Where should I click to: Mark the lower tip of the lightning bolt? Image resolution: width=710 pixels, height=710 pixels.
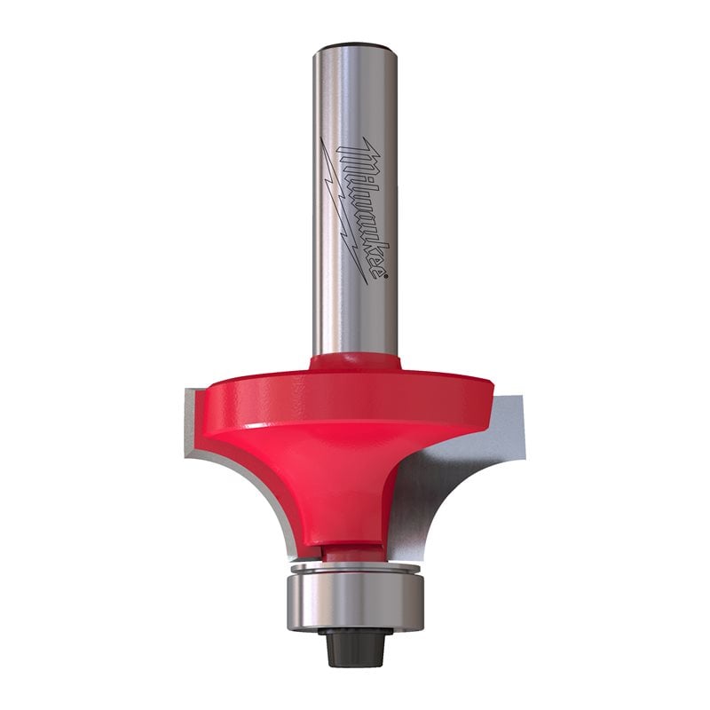[x=365, y=282]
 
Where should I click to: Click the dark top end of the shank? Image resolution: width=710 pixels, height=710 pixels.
[x=354, y=44]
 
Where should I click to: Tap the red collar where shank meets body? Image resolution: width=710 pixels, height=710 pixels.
[x=355, y=362]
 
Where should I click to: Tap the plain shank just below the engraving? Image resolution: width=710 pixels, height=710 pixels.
[x=355, y=319]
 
